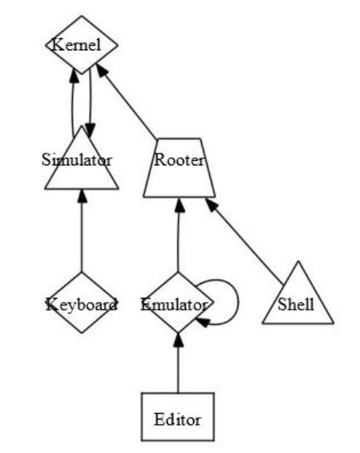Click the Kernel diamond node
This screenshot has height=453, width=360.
pos(82,44)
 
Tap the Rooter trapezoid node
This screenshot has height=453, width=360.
pos(179,168)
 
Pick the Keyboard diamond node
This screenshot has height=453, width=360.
pos(82,302)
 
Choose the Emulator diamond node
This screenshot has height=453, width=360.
pos(178,302)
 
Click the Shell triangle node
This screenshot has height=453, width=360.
pos(298,298)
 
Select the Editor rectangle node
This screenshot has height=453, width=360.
pos(178,417)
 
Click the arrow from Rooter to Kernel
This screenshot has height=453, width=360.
pos(126,101)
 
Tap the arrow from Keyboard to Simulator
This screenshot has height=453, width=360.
pos(82,231)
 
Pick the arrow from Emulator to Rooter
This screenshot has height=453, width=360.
pos(179,235)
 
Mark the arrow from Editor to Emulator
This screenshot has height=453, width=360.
pos(178,363)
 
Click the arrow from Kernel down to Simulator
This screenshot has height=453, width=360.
pos(90,103)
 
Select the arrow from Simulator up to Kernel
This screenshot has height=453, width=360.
pos(73,103)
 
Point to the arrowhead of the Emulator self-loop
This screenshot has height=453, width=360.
pos(203,322)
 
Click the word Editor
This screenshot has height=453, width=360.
pos(177,419)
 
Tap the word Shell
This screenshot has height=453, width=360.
pos(296,304)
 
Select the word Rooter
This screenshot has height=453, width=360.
pos(179,160)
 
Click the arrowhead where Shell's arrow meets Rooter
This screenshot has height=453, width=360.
pos(211,204)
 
